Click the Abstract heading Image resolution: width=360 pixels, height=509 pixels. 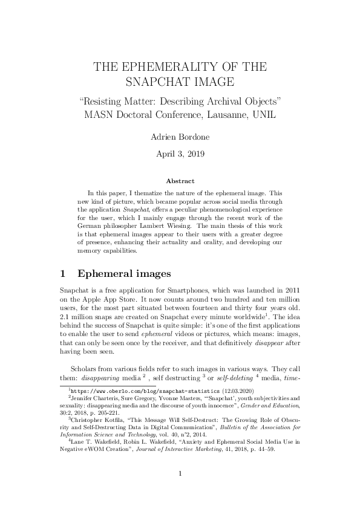click(180, 181)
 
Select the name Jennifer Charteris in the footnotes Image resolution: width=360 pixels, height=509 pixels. click(96, 399)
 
